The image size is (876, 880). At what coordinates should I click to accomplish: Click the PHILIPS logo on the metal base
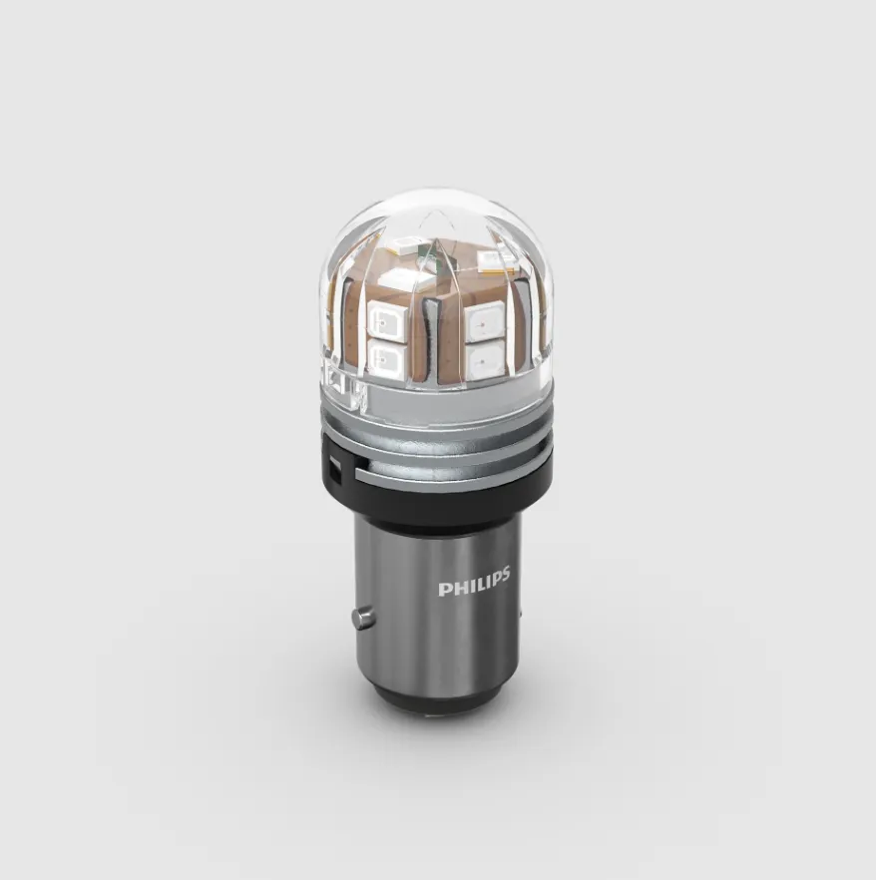pyautogui.click(x=474, y=582)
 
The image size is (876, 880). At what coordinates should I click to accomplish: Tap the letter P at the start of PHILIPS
pyautogui.click(x=444, y=590)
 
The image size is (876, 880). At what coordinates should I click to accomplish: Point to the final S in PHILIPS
pyautogui.click(x=504, y=574)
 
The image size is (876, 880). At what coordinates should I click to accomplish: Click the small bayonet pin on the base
pyautogui.click(x=362, y=617)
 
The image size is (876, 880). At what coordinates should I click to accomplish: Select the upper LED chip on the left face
pyautogui.click(x=384, y=319)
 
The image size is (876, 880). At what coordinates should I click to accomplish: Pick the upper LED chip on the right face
pyautogui.click(x=486, y=320)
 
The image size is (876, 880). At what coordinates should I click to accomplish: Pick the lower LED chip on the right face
pyautogui.click(x=486, y=359)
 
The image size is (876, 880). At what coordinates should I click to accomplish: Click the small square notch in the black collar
pyautogui.click(x=334, y=469)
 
